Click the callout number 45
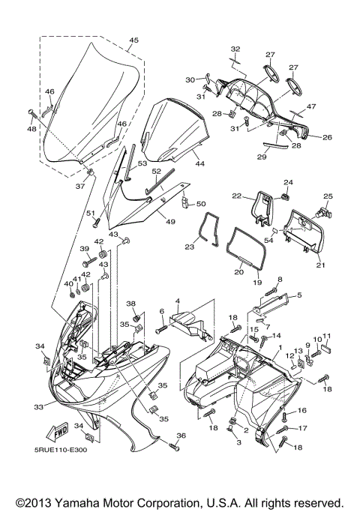133,40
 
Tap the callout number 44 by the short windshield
199,163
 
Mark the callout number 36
181,435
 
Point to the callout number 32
235,49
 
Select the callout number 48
31,130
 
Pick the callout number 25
327,196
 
